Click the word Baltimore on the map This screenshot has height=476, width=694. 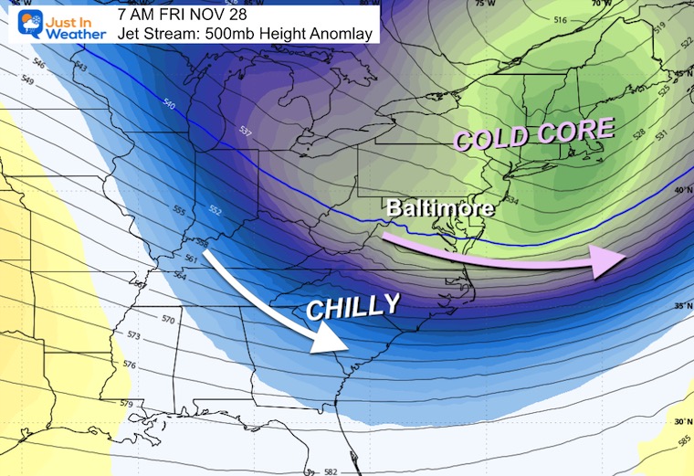(439, 208)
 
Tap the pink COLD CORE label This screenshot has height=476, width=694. (534, 133)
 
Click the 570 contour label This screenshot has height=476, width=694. (168, 320)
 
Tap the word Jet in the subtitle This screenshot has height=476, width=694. (130, 35)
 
